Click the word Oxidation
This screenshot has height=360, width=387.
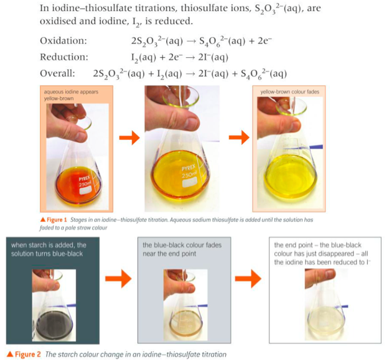coord(63,40)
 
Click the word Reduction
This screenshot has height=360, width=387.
coord(64,57)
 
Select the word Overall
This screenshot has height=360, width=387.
coord(57,73)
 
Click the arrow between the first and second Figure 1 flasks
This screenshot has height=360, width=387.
coord(129,137)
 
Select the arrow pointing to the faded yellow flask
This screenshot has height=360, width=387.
coord(239,137)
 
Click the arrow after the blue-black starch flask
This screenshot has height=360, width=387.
coord(118,279)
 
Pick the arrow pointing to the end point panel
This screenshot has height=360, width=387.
coord(248,279)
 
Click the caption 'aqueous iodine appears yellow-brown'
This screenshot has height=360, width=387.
coord(71,95)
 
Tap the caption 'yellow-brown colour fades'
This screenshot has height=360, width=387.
coord(290,92)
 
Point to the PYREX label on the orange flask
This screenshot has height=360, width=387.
coord(85,178)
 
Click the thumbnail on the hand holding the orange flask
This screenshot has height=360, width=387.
coord(80,137)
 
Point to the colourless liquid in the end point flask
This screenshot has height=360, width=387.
coord(325,320)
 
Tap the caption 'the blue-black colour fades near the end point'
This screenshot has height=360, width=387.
coord(182,249)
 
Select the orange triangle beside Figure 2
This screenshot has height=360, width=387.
coord(10,354)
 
